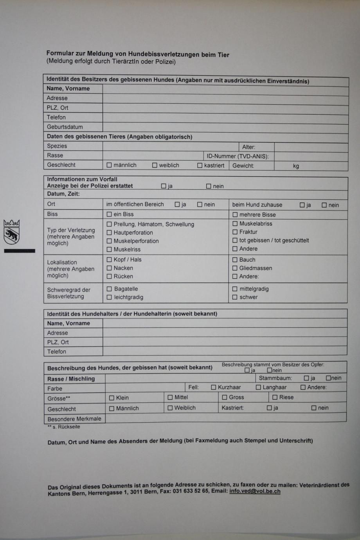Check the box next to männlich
click(109, 165)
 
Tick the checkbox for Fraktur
click(235, 232)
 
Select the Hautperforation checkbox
click(109, 233)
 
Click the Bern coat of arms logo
click(12, 232)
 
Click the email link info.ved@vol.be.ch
click(255, 491)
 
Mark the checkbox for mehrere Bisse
click(235, 215)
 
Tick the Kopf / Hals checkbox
click(109, 259)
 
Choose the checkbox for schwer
click(235, 297)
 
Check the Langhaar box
click(258, 387)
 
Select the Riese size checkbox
click(275, 398)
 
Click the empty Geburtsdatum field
click(225, 127)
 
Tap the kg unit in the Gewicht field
click(296, 166)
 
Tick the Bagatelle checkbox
click(109, 289)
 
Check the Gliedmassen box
click(235, 268)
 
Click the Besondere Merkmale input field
click(225, 418)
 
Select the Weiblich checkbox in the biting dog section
click(170, 408)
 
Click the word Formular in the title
click(60, 53)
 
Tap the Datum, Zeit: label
click(63, 194)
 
